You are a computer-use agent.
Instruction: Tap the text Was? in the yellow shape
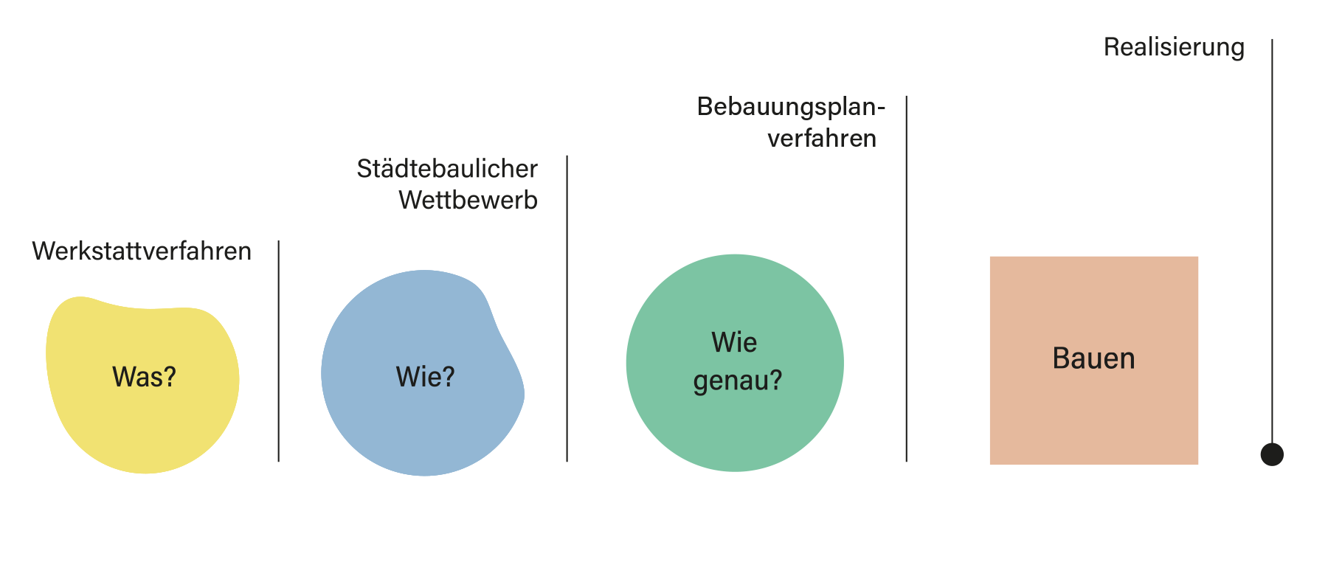144,377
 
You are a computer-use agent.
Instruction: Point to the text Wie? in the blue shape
425,377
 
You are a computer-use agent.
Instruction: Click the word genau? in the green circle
737,381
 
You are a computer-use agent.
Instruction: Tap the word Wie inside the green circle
734,342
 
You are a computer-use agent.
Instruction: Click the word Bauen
1093,358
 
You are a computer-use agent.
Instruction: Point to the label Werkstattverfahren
142,251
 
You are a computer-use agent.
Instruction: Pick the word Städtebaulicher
447,169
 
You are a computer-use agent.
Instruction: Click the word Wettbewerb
468,200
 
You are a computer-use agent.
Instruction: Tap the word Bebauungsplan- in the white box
790,108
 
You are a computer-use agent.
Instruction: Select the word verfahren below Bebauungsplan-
826,138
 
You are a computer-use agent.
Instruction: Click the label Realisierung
1174,48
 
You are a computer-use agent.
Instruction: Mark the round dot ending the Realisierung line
1271,454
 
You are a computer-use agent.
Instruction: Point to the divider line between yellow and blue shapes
278,354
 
